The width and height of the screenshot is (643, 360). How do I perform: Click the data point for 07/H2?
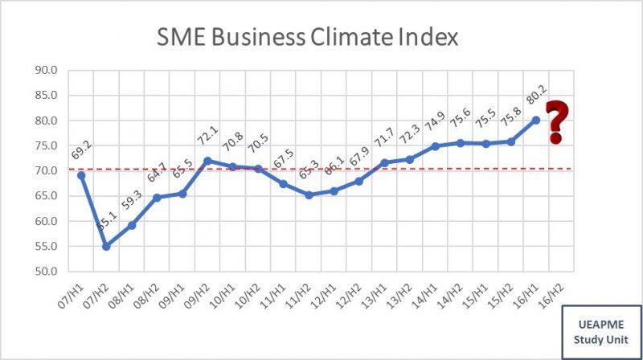pyautogui.click(x=107, y=246)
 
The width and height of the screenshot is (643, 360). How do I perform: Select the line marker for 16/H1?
pyautogui.click(x=534, y=120)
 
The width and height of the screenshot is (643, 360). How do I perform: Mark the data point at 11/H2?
pyautogui.click(x=309, y=194)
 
